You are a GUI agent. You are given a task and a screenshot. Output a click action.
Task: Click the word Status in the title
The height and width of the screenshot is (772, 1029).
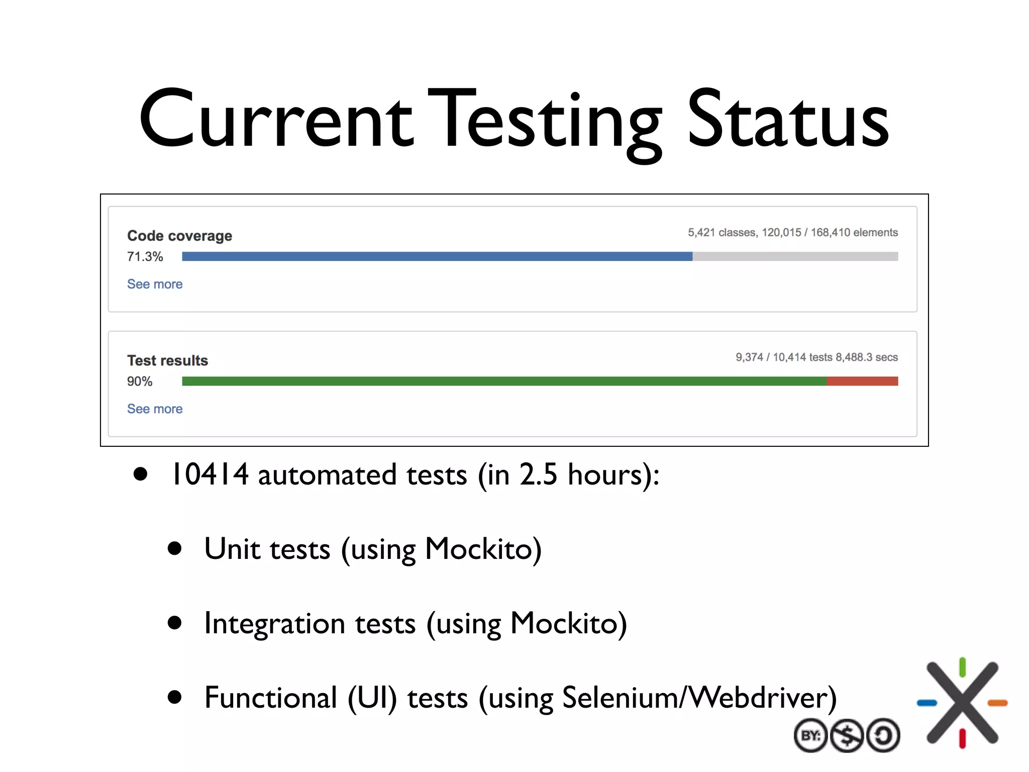point(787,121)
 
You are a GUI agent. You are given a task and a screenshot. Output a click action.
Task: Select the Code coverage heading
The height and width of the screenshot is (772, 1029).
point(179,236)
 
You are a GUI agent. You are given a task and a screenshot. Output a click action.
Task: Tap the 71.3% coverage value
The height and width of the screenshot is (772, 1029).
point(145,257)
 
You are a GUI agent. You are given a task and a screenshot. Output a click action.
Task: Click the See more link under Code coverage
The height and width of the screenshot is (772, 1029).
point(155,284)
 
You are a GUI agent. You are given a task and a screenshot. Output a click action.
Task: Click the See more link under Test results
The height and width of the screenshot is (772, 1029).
point(155,409)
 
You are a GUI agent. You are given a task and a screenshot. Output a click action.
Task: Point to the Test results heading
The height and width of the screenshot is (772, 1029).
point(167,360)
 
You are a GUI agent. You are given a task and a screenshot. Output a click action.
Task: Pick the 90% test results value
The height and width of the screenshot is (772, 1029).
point(139,381)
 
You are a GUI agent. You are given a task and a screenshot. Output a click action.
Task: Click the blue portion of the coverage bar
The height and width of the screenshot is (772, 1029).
point(437,256)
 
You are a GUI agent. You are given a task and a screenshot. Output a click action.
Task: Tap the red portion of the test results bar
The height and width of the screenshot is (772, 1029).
point(862,381)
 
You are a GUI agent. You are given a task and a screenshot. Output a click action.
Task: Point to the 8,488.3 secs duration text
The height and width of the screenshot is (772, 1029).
point(866,357)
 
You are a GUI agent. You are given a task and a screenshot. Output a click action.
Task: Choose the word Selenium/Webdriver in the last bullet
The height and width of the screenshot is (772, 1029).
point(699,698)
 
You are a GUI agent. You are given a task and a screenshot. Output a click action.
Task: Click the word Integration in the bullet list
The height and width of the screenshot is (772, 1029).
point(274,623)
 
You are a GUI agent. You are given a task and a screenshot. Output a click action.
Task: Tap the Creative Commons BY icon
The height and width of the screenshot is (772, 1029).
point(810,736)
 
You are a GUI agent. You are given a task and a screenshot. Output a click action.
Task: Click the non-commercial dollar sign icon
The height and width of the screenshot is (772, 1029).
point(847,736)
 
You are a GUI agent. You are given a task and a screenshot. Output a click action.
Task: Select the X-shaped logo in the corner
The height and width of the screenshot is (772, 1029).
point(962,702)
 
